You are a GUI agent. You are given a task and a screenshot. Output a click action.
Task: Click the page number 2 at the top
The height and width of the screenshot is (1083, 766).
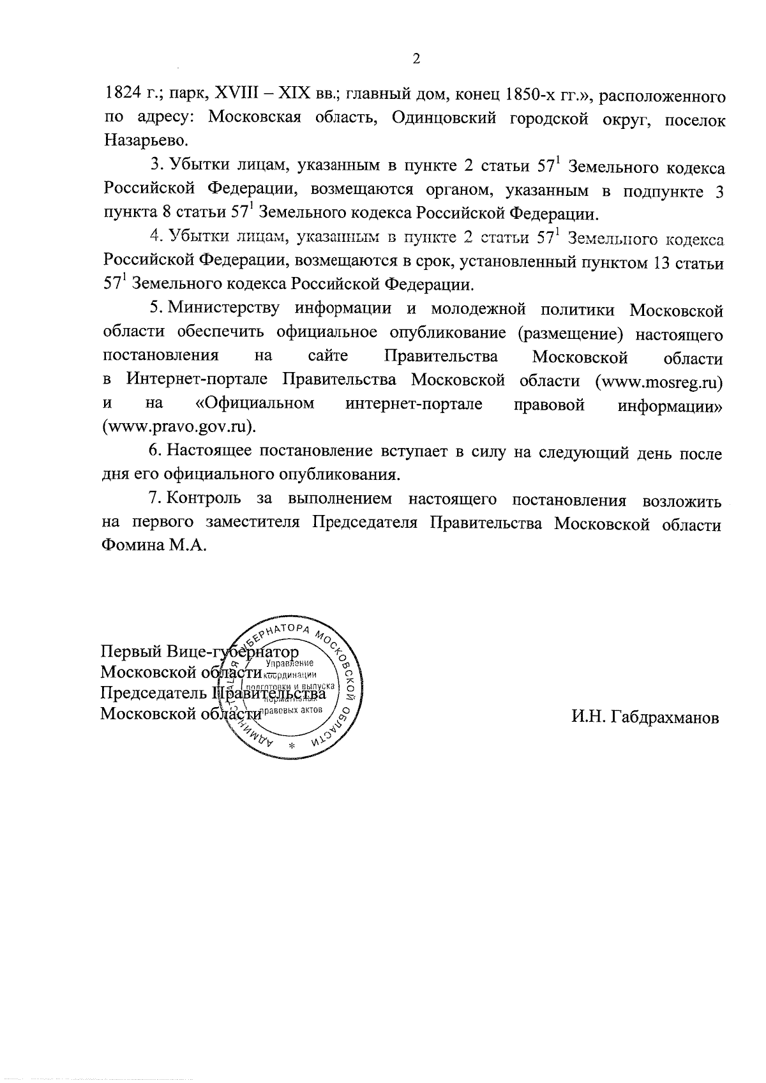(416, 59)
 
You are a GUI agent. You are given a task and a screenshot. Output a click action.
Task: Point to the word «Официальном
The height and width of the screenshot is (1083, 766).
(255, 404)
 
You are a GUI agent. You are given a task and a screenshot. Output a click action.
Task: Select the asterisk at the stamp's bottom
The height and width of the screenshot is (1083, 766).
(292, 745)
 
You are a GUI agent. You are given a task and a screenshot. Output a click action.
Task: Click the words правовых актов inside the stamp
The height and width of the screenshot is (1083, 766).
(294, 710)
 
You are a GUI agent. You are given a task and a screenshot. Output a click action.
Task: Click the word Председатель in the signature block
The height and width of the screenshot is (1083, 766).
(153, 694)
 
